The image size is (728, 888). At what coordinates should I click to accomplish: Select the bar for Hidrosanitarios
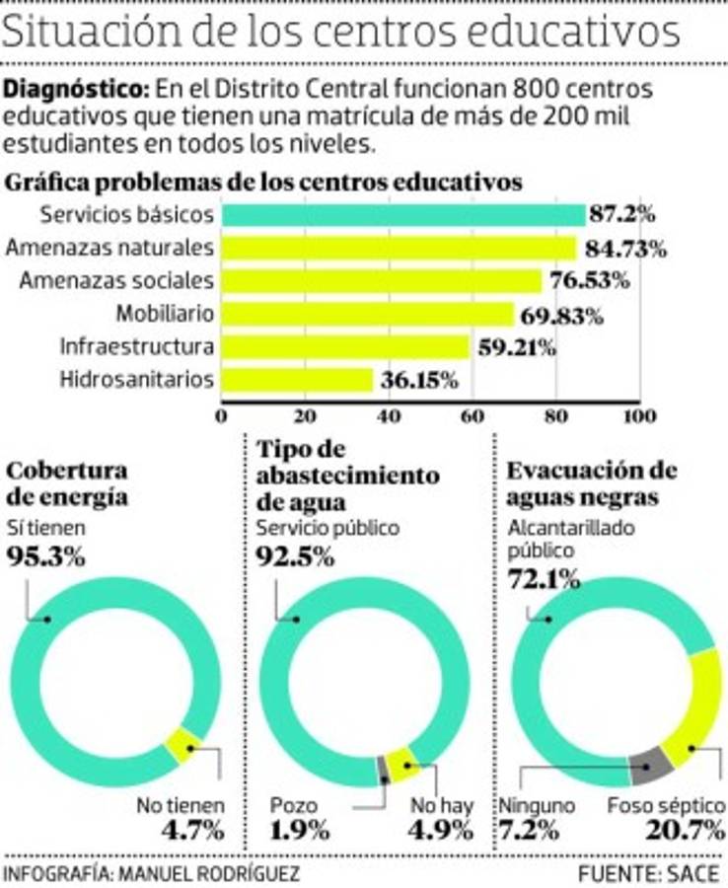click(297, 379)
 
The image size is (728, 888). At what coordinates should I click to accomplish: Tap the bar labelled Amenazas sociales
click(381, 280)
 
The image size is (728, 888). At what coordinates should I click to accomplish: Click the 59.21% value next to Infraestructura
click(516, 347)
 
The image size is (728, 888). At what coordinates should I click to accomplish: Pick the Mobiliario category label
click(165, 314)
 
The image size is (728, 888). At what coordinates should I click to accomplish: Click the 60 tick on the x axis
click(472, 414)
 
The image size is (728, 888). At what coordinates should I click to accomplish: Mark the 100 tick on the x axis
click(638, 414)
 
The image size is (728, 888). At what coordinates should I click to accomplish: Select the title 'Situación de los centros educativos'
click(341, 34)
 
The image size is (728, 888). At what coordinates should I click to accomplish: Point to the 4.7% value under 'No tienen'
click(194, 830)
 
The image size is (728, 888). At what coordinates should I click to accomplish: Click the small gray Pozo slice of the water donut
click(384, 770)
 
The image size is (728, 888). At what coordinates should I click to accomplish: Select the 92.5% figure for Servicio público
click(293, 555)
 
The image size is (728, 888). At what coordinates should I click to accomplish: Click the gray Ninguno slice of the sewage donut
click(651, 762)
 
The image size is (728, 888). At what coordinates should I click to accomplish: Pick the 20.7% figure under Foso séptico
click(681, 830)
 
